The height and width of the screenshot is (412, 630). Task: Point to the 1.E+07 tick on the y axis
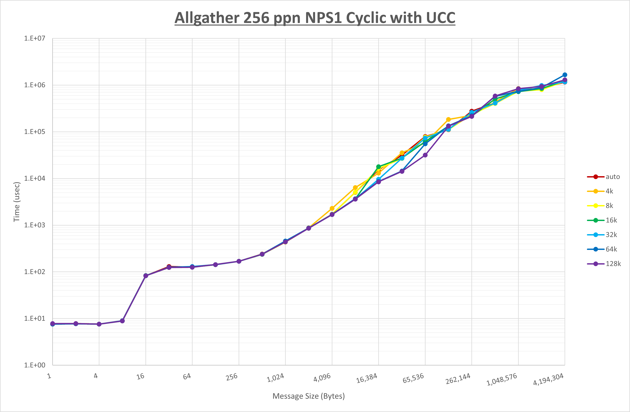coord(35,38)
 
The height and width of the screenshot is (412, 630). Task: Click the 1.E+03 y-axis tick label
coord(35,225)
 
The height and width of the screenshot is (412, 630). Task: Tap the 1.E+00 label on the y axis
coord(35,365)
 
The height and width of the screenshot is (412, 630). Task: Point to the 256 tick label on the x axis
coord(232,377)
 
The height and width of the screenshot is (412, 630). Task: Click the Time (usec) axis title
coord(17,202)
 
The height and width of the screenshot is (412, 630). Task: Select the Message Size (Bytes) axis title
coord(309,396)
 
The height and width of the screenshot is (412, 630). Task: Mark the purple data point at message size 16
coord(146,276)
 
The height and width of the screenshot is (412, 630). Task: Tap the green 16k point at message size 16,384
coord(378,167)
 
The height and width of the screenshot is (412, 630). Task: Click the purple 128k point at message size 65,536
coord(425,155)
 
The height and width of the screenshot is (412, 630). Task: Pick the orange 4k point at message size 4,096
coord(332,208)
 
